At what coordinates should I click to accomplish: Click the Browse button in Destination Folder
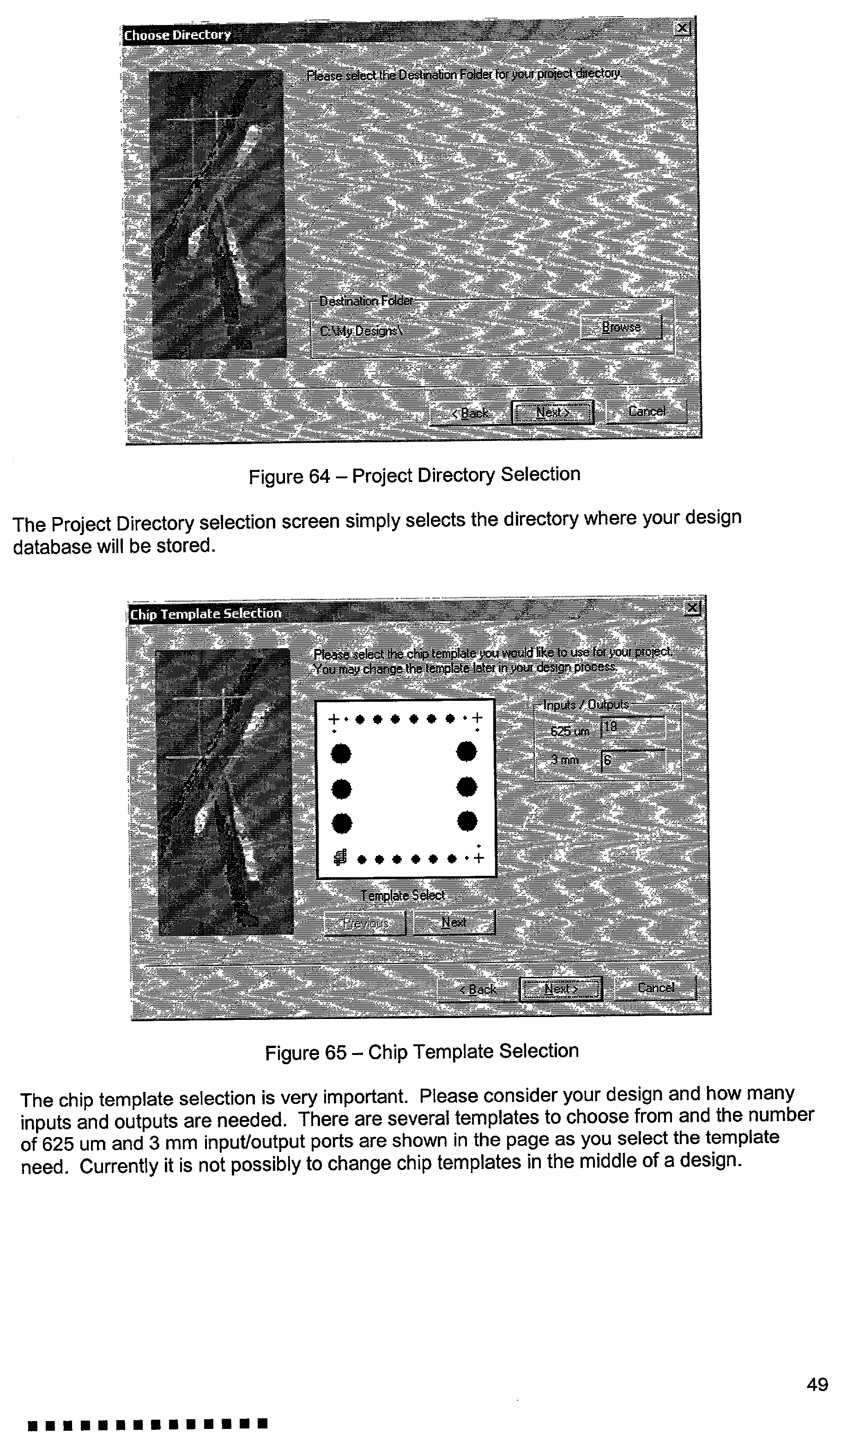pos(621,327)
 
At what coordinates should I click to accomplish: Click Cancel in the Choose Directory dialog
pos(646,411)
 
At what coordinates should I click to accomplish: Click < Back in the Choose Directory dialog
pos(469,412)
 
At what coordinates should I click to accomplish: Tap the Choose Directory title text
pos(178,35)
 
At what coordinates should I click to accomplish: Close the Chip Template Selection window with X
pos(692,608)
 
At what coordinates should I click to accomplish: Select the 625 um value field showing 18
pos(633,728)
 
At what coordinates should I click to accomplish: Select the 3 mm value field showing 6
pos(633,760)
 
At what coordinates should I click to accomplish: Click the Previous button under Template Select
pos(365,922)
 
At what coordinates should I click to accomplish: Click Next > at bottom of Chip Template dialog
pos(561,988)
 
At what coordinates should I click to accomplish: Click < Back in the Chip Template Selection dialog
pos(478,989)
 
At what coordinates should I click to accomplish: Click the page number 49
pos(817,1385)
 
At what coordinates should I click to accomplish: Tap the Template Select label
pos(403,895)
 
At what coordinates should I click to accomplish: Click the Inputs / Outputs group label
pos(586,705)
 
